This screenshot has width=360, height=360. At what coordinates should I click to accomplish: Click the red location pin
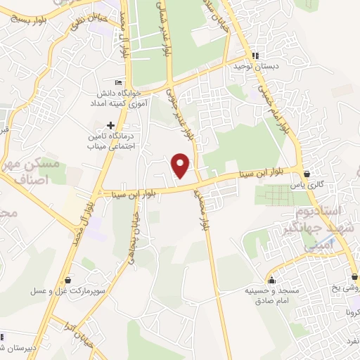pyautogui.click(x=181, y=165)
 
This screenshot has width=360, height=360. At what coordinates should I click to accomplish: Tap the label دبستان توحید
pyautogui.click(x=257, y=67)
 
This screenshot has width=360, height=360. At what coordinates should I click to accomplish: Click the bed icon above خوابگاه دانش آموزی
pyautogui.click(x=118, y=83)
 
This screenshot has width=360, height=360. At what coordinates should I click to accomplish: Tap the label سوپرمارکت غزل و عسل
pyautogui.click(x=67, y=290)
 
